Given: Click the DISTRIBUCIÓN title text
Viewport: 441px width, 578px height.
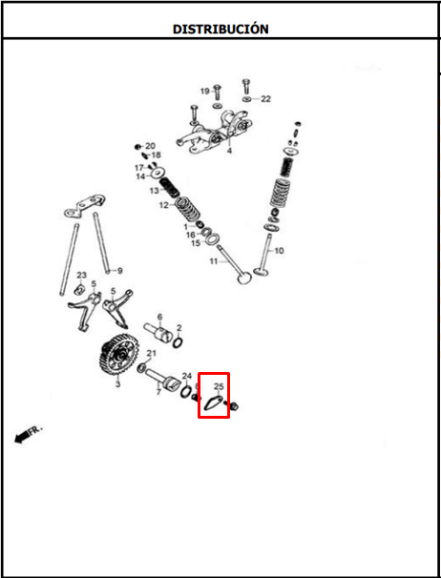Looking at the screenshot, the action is pyautogui.click(x=220, y=29).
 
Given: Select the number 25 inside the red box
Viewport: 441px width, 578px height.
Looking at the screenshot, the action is pyautogui.click(x=219, y=386).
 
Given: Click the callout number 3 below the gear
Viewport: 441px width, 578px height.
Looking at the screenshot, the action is pyautogui.click(x=117, y=384).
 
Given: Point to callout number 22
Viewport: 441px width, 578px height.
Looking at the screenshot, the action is pyautogui.click(x=265, y=99).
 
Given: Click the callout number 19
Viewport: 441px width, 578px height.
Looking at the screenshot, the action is pyautogui.click(x=205, y=91).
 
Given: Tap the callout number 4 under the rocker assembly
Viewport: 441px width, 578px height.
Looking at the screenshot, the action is pyautogui.click(x=229, y=151).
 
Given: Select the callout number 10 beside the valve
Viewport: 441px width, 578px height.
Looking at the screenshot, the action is pyautogui.click(x=280, y=251).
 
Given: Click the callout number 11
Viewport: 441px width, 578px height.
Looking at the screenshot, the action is pyautogui.click(x=214, y=261).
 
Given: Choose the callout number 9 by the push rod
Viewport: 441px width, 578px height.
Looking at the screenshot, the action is pyautogui.click(x=119, y=271).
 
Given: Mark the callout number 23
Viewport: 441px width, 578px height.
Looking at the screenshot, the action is pyautogui.click(x=81, y=275).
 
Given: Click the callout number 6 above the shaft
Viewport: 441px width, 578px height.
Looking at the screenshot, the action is pyautogui.click(x=159, y=317).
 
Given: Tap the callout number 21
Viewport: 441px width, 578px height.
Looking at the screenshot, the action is pyautogui.click(x=152, y=354).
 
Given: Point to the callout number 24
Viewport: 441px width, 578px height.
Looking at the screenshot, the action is pyautogui.click(x=187, y=376).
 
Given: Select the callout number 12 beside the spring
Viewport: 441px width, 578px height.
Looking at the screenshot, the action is pyautogui.click(x=164, y=205).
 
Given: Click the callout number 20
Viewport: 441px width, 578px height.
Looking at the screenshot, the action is pyautogui.click(x=151, y=146).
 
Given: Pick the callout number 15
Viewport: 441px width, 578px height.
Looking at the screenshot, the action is pyautogui.click(x=196, y=243).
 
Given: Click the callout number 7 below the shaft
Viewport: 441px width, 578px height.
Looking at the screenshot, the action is pyautogui.click(x=158, y=392).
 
